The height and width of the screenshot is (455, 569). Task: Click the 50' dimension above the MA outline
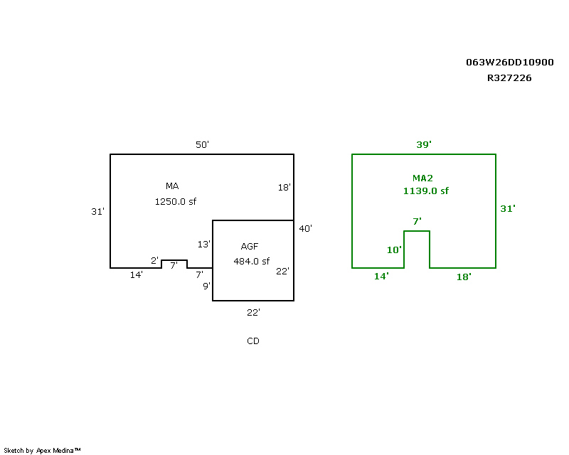click(202, 145)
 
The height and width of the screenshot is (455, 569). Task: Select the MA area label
click(172, 186)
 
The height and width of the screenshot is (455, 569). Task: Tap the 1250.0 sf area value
click(175, 201)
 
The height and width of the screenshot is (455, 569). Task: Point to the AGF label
click(249, 247)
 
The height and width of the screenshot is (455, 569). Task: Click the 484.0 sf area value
click(252, 261)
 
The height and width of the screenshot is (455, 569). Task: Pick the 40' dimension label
click(306, 229)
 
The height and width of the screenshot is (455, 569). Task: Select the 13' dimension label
click(203, 245)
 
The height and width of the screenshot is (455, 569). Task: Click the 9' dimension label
click(206, 287)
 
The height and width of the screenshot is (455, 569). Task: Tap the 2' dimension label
click(154, 261)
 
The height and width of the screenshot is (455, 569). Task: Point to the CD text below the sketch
click(253, 341)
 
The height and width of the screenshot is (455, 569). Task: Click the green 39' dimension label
click(424, 145)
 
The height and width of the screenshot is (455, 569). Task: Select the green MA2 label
click(423, 178)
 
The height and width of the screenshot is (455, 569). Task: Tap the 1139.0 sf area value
click(426, 191)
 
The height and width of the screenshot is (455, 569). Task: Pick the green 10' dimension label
click(394, 250)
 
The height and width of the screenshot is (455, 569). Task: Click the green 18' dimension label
click(463, 277)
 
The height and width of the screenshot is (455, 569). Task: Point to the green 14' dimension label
click(381, 277)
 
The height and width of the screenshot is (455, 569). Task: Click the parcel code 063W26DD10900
click(509, 63)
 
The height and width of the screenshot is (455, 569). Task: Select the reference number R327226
click(509, 78)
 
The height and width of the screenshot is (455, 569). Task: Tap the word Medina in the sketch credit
click(66, 450)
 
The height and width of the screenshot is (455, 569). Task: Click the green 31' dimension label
click(508, 209)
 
